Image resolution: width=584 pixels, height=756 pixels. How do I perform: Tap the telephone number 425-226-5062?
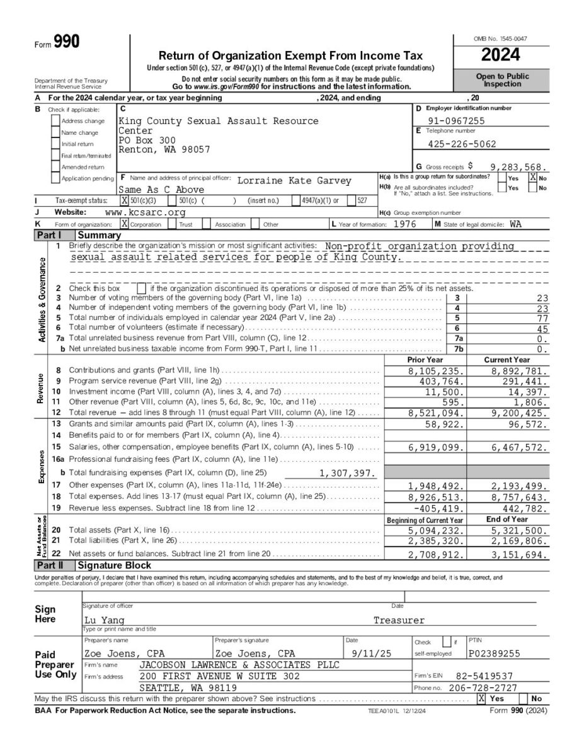461,144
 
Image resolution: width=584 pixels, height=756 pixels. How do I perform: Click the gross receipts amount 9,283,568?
518,167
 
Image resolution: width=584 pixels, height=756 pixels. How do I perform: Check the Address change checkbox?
56,121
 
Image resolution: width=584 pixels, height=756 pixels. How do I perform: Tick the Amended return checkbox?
56,167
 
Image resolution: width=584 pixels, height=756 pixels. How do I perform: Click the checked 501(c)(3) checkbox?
124,200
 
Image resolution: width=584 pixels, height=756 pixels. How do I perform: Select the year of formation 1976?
404,224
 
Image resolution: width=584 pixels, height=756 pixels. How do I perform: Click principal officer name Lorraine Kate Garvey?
294,181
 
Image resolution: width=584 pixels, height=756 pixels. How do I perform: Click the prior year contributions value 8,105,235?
437,372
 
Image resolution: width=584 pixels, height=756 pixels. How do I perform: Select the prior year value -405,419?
439,508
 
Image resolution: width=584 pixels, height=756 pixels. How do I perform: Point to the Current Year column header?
507,359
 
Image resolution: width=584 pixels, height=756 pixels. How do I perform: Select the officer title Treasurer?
399,621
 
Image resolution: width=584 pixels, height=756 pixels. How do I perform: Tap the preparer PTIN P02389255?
495,654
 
